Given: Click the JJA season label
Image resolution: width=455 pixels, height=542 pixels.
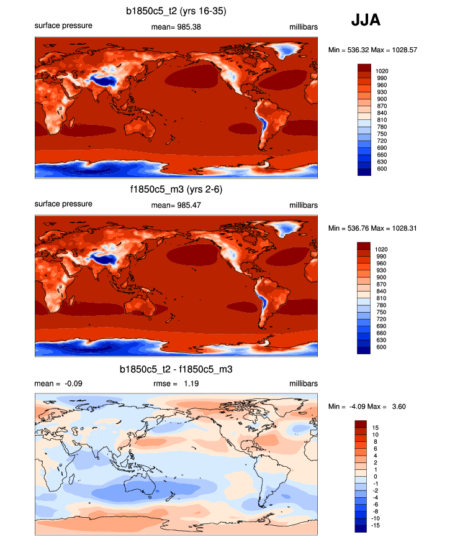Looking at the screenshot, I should (366, 21).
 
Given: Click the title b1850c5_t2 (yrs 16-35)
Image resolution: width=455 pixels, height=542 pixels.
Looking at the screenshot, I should (176, 11).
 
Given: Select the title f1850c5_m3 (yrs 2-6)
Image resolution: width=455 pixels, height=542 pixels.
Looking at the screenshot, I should (176, 190).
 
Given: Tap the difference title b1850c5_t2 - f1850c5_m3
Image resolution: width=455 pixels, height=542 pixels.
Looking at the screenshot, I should (176, 369).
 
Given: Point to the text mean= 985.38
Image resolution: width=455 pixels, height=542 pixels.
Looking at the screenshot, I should (176, 27).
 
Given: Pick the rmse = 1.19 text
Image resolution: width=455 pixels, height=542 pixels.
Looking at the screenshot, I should (176, 384).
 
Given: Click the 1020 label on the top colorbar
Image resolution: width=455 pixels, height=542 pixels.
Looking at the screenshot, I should (382, 71).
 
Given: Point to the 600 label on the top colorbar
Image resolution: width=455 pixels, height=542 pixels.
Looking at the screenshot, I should (380, 168).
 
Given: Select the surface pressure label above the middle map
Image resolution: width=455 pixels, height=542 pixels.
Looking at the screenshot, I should (63, 204).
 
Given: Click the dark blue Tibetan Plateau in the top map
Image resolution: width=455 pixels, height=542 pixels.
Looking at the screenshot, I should (99, 79).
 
